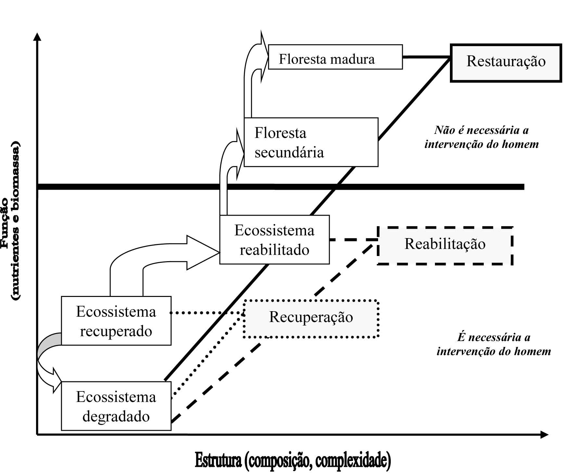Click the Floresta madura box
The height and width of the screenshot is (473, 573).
335,57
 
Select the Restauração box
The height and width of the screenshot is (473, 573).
506,63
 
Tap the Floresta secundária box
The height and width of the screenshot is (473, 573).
311,142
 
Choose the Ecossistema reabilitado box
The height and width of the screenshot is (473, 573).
274,240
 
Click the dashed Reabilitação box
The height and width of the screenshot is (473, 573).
445,246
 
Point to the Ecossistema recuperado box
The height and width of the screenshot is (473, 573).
116,321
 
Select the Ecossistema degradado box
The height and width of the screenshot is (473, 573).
116,406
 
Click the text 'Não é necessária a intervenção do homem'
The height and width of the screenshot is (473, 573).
481,137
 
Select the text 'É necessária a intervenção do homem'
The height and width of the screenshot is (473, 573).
494,344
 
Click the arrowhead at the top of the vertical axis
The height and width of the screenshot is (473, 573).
38,36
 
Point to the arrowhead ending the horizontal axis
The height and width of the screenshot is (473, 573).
544,435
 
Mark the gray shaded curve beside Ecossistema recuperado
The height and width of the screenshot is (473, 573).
49,344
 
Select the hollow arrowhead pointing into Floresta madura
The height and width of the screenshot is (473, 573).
264,57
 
